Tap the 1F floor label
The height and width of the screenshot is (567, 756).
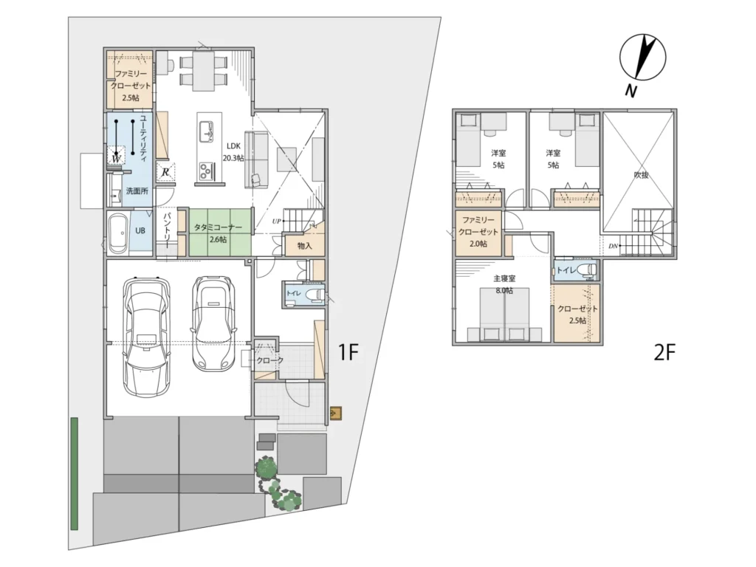(348, 352)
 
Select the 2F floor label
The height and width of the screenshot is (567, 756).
(664, 352)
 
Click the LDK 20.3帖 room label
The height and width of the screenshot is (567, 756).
(233, 152)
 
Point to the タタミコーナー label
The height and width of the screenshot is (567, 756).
(218, 227)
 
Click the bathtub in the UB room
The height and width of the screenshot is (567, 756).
(118, 234)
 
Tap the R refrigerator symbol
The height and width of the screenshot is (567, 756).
(165, 171)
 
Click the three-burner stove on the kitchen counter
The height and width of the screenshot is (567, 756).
(207, 170)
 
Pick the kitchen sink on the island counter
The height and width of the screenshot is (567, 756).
(207, 131)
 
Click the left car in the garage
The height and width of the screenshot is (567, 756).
(147, 336)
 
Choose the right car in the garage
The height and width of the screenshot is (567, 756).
(213, 323)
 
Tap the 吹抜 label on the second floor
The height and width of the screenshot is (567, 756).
(642, 176)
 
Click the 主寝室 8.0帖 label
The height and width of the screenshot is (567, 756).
(504, 284)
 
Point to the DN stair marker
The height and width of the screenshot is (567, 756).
(613, 247)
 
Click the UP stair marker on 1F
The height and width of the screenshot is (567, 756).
(276, 221)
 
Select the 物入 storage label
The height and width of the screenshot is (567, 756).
(305, 246)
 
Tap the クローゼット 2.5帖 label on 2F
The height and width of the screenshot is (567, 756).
(577, 315)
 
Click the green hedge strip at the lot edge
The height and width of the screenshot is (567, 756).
(75, 473)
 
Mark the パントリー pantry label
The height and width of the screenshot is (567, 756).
(168, 230)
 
